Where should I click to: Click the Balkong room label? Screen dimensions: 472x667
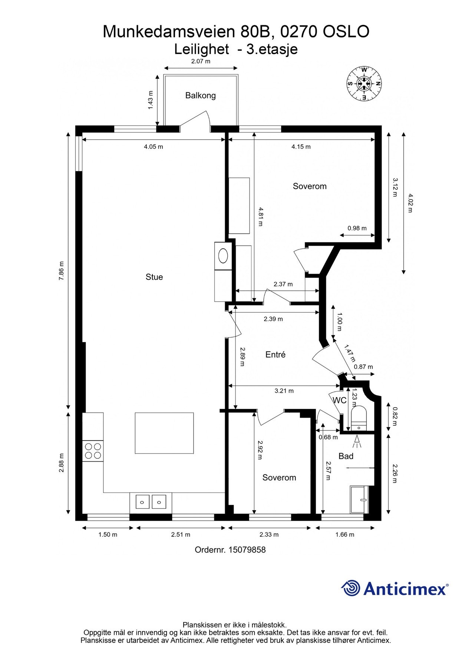(x=200, y=96)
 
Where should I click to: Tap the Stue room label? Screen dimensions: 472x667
(x=154, y=277)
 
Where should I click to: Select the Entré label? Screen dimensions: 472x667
(x=275, y=355)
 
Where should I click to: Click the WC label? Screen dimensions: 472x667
(x=340, y=400)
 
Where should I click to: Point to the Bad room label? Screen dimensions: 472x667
(x=346, y=456)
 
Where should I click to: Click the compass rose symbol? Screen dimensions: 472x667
(x=364, y=84)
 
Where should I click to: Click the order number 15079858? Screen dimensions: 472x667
(x=247, y=550)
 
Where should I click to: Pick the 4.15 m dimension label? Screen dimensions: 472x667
(x=301, y=147)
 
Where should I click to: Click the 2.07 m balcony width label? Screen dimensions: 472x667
(x=201, y=62)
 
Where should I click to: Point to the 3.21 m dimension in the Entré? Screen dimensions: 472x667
(x=284, y=391)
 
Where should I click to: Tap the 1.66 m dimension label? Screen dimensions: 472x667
(x=345, y=535)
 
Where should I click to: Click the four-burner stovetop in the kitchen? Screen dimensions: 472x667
(x=93, y=451)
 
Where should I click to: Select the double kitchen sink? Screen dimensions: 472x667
(x=151, y=502)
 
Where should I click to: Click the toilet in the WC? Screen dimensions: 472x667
(x=359, y=418)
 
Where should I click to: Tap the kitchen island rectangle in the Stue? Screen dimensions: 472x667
(x=164, y=433)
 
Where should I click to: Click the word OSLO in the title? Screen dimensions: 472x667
(x=346, y=32)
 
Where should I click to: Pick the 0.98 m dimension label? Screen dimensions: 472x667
(x=357, y=228)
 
